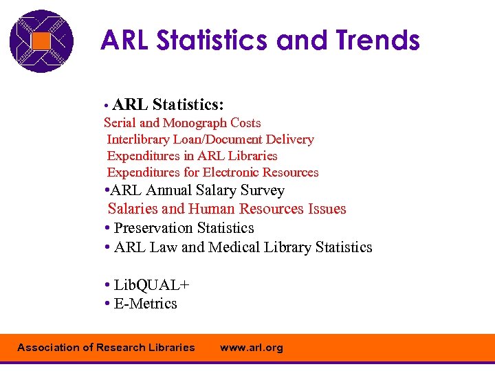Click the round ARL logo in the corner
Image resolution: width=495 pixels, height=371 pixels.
coord(41,41)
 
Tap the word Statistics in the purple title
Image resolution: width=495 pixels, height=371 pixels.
coord(212,41)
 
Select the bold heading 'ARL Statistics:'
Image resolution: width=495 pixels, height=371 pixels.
coord(168,104)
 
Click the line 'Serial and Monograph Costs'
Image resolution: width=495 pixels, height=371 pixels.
coord(182,123)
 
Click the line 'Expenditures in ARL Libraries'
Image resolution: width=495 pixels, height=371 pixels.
coord(192,156)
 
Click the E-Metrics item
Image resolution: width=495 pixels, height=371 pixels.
coord(145,304)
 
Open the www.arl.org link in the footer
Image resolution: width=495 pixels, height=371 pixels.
coord(251,348)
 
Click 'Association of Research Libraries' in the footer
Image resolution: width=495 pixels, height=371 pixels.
coord(106,348)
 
